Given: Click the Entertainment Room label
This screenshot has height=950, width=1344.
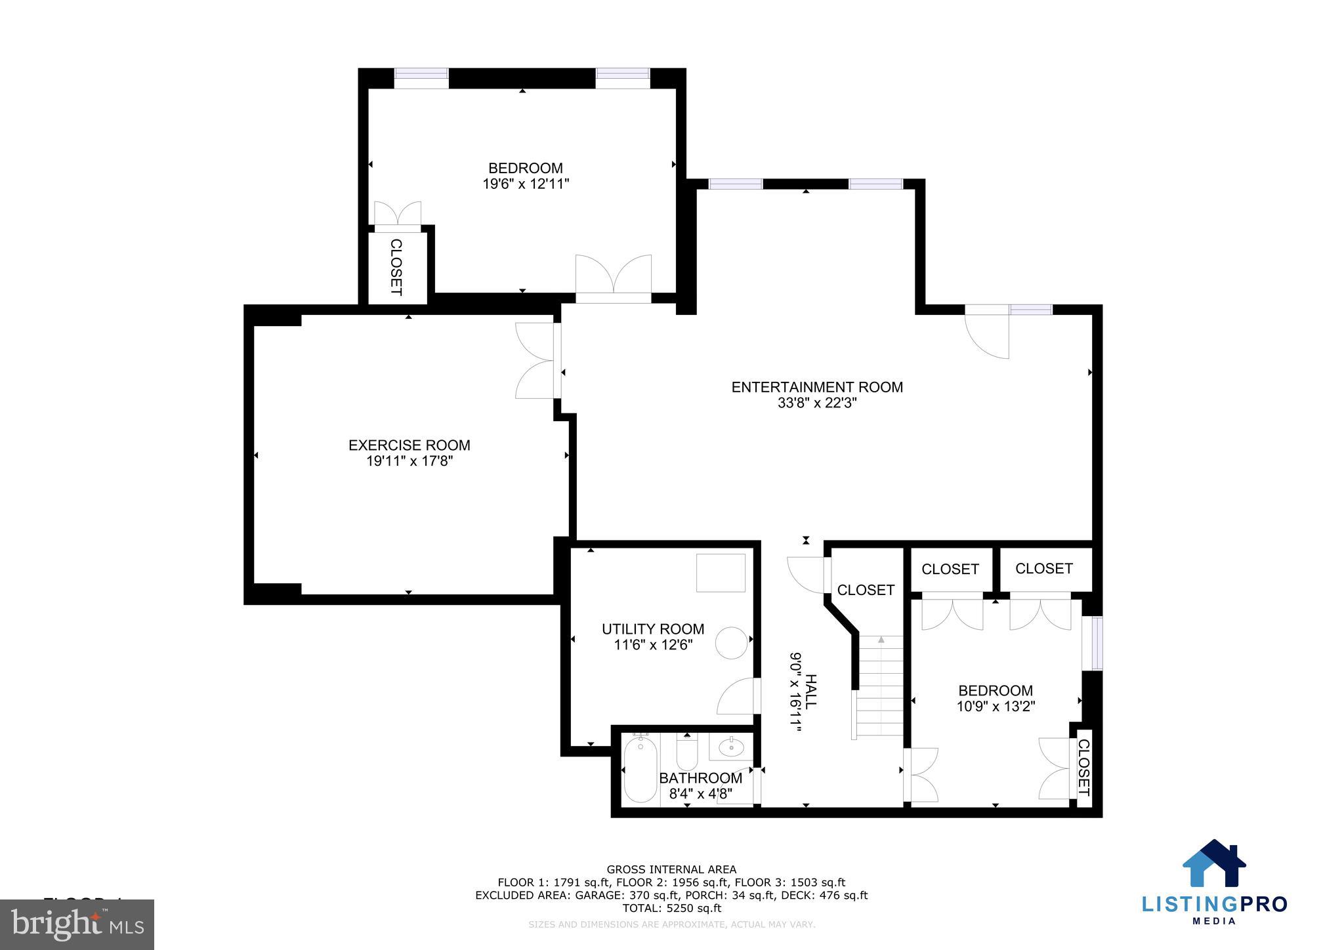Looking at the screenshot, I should point(816,387).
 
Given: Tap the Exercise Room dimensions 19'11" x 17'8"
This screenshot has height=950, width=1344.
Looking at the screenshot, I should point(409,461).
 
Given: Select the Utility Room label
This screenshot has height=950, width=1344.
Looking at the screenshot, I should point(652,629).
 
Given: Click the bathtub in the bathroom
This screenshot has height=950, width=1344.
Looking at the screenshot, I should point(640,770).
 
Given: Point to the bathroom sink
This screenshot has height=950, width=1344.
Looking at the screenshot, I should point(730,746).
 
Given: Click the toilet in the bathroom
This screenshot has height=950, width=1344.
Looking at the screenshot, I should point(686,754).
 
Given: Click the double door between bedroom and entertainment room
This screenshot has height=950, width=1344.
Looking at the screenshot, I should point(613,279).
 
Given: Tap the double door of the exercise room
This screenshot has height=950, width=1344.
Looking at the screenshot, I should point(537,360).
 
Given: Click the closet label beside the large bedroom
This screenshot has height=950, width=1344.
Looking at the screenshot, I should point(396,267).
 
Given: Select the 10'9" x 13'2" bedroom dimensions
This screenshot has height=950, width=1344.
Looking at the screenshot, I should point(996,707).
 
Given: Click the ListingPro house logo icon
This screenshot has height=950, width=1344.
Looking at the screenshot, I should point(1213,863).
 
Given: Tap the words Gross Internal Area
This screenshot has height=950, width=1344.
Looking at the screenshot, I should point(671,870).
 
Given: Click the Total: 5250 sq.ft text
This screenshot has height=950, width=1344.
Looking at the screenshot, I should point(671,908).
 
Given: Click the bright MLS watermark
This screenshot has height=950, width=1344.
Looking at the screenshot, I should point(77,924).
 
